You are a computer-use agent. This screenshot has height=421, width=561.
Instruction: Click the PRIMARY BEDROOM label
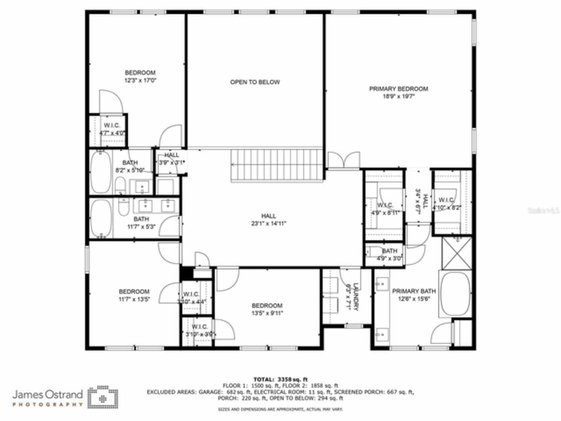tap(398, 89)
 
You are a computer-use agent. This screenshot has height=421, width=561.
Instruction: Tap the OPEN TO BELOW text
tap(255, 82)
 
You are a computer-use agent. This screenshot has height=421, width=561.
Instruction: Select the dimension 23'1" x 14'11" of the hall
tap(269, 223)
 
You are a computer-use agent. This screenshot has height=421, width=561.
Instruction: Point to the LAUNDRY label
tap(355, 297)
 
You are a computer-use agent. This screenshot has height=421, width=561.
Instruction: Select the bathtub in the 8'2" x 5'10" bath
tap(101, 172)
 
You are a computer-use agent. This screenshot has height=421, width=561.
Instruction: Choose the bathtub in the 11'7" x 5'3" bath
tap(101, 219)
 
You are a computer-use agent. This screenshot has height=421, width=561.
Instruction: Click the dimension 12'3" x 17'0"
tap(140, 80)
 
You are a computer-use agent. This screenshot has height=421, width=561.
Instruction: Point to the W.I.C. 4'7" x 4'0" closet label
tap(112, 129)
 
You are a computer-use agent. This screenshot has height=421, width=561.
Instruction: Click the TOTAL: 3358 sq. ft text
tap(280, 379)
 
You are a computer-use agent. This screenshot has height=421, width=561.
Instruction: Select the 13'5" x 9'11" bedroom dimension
tap(267, 313)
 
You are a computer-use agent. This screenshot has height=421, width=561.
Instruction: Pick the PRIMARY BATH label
tap(414, 291)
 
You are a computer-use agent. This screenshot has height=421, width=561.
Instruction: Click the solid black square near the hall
tap(186, 273)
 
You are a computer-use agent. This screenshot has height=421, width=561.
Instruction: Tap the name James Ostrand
tap(47, 394)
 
